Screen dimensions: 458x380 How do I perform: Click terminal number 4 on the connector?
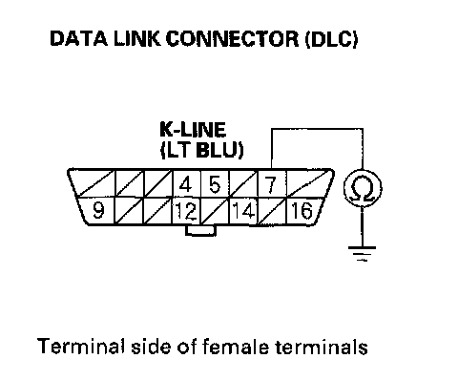click(186, 184)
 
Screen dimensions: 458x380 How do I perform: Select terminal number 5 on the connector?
click(215, 184)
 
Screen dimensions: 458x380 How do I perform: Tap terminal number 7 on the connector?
click(271, 184)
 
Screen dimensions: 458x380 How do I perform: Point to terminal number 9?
click(98, 210)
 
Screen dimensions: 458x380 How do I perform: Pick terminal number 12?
click(186, 211)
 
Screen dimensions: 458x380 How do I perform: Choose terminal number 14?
click(243, 211)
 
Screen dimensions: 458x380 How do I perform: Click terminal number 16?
click(302, 211)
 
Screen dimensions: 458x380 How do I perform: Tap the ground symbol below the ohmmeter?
click(362, 253)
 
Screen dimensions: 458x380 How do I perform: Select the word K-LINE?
click(193, 130)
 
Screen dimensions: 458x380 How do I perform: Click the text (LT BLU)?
click(202, 150)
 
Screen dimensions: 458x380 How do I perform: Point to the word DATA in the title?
click(79, 38)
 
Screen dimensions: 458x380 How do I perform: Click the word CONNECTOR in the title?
click(233, 39)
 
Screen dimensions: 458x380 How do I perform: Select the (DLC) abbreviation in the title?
click(332, 39)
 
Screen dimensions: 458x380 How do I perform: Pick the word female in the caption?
click(236, 347)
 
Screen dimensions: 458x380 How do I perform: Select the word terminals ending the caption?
click(322, 347)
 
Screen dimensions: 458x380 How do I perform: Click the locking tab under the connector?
click(201, 230)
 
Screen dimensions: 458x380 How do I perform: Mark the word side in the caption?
click(152, 347)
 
